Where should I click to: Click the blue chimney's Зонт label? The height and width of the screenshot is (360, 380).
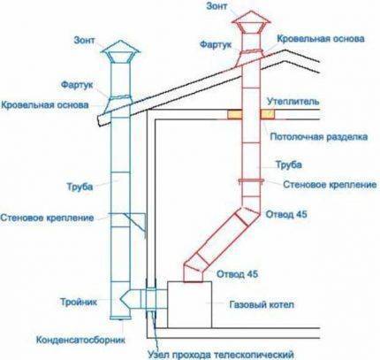pos(85,40)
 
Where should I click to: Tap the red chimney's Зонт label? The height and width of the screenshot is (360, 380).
pos(217,6)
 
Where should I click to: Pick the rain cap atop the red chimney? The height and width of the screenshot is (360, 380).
pos(251,21)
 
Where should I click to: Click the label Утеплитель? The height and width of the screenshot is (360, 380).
pos(293,101)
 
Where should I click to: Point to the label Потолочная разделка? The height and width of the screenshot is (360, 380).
pos(319,137)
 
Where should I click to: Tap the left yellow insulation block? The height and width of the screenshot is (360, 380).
pos(234,114)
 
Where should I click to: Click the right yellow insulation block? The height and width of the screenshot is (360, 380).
pos(267,114)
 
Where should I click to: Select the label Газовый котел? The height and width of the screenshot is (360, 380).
pos(262,304)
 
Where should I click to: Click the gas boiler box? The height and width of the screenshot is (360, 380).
pos(190,304)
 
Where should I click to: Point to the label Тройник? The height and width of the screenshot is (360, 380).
pos(79,302)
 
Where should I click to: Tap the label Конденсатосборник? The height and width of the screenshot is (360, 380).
pos(80,340)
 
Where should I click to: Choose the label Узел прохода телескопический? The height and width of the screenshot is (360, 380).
pos(221,355)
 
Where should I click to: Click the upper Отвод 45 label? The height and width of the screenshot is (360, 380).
pos(286,214)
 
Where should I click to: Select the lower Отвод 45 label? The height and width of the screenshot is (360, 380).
pos(237,274)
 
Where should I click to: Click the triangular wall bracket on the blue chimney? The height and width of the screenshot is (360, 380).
pos(136,222)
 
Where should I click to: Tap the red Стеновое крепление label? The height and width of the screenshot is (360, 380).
pos(330,185)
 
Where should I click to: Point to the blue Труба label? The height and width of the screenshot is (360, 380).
pos(80,187)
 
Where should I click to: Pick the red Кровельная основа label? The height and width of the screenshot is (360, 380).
pos(321,39)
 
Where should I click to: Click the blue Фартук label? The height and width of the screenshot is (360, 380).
pos(77,85)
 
